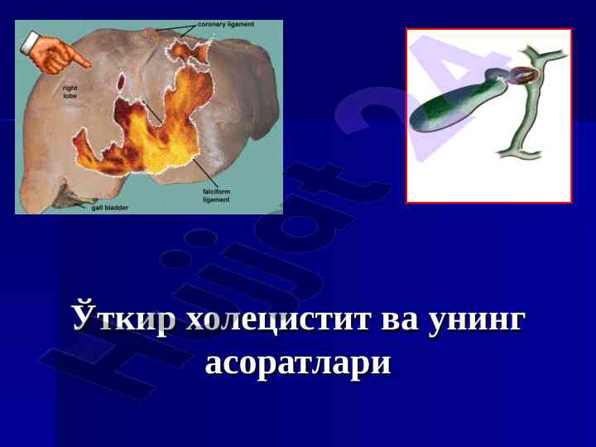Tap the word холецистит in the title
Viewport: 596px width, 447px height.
click(x=277, y=320)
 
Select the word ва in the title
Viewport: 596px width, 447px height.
click(x=399, y=321)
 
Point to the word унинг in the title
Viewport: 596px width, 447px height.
click(x=477, y=322)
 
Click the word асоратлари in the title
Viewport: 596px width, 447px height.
click(x=298, y=364)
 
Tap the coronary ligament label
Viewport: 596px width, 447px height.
click(x=226, y=24)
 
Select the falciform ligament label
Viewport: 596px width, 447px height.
click(x=216, y=195)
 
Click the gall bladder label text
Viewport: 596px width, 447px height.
click(x=110, y=208)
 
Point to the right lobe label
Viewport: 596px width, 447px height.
click(x=70, y=92)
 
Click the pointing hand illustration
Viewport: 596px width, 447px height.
click(x=55, y=53)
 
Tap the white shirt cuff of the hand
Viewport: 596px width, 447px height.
click(x=30, y=41)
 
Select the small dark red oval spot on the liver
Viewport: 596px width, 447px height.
click(x=121, y=82)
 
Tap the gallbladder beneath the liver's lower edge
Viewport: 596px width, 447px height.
click(x=70, y=198)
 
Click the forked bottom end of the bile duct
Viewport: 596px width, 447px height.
click(x=520, y=152)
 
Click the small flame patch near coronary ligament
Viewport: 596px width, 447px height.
click(x=186, y=50)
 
